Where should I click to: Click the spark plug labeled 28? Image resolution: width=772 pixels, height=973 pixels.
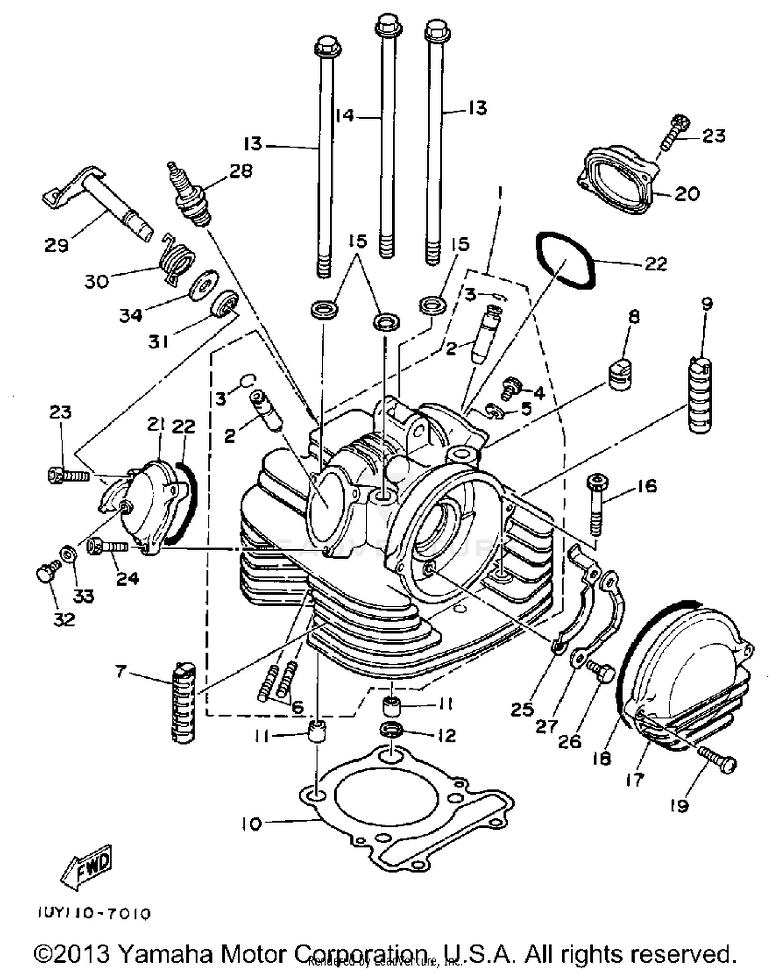tap(190, 196)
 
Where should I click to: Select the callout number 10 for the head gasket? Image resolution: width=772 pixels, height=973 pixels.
tap(252, 824)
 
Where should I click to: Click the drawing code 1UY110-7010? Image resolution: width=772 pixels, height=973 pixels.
tap(94, 914)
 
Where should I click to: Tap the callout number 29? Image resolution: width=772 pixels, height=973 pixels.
tap(56, 245)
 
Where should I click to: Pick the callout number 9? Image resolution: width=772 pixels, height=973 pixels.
tap(707, 304)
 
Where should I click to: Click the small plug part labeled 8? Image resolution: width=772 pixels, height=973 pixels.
tap(620, 375)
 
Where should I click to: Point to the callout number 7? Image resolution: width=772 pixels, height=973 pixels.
tap(120, 671)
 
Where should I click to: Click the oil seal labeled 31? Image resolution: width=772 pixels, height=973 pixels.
tap(225, 305)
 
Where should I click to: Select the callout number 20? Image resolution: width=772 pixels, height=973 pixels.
tap(687, 194)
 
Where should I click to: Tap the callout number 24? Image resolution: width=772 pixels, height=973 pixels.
tap(127, 578)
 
